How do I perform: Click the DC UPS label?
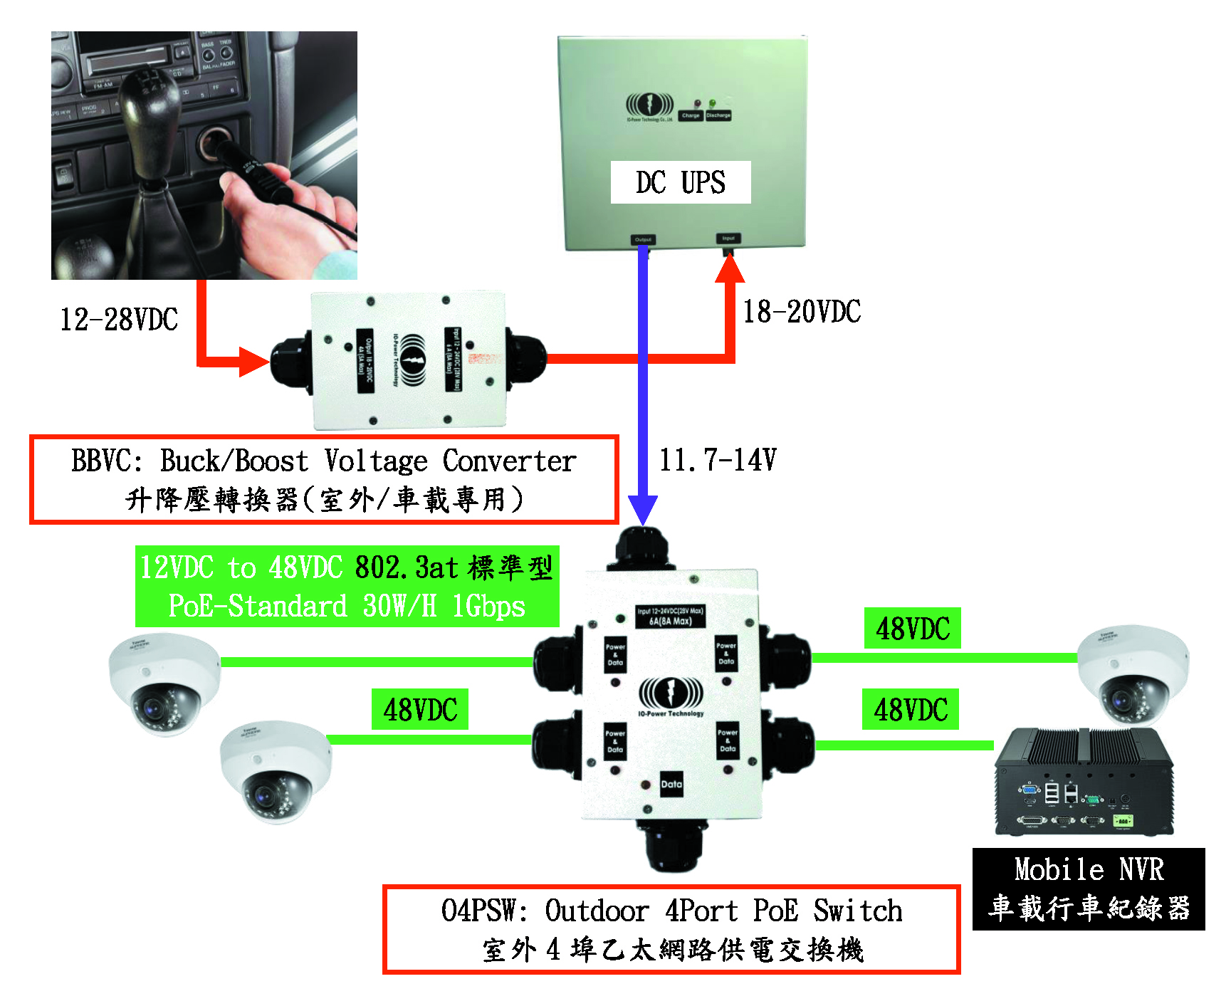(680, 182)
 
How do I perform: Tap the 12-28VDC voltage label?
(119, 320)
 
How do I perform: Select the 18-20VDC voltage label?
(802, 312)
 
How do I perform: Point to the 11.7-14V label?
(717, 460)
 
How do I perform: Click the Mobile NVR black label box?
(1088, 889)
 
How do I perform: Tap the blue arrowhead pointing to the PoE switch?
(642, 510)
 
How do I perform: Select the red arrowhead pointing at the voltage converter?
(253, 362)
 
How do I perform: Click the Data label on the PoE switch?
(671, 784)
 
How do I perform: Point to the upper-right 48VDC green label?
(912, 629)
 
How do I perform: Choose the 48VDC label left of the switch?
(420, 709)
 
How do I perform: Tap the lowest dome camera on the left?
(276, 772)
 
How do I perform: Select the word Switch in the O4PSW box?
(857, 911)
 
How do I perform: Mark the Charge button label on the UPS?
(691, 115)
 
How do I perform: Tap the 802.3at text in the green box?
(406, 568)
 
